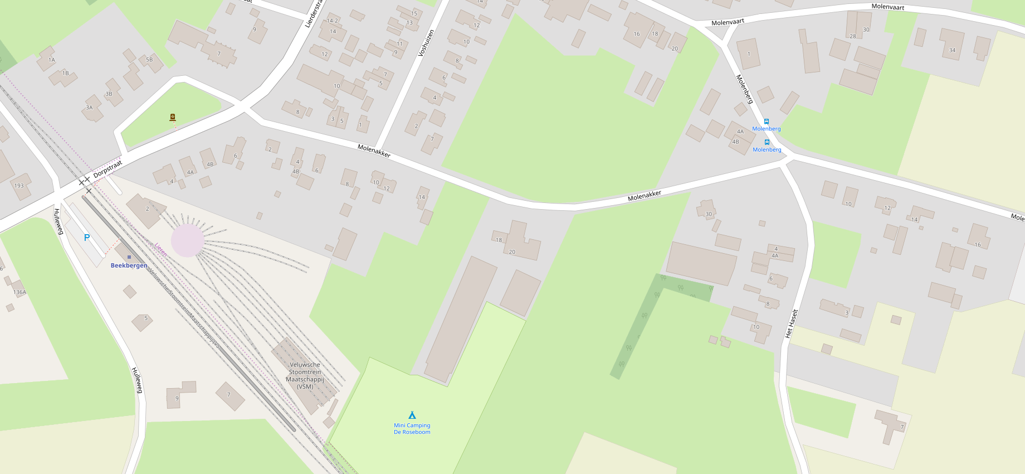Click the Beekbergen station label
click(129, 265)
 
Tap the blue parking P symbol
click(87, 238)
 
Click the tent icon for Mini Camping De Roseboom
click(412, 415)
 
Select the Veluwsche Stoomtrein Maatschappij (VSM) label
click(305, 375)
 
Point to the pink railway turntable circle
click(187, 241)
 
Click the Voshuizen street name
click(426, 43)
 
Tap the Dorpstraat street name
click(108, 169)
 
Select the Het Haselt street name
click(792, 323)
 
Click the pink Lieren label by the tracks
click(161, 249)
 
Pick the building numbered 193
click(19, 185)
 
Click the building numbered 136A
click(19, 291)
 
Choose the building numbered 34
click(952, 49)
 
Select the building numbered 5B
click(149, 60)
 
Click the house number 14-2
click(332, 21)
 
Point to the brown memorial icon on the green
click(173, 117)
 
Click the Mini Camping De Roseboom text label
click(412, 429)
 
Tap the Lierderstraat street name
click(314, 14)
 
